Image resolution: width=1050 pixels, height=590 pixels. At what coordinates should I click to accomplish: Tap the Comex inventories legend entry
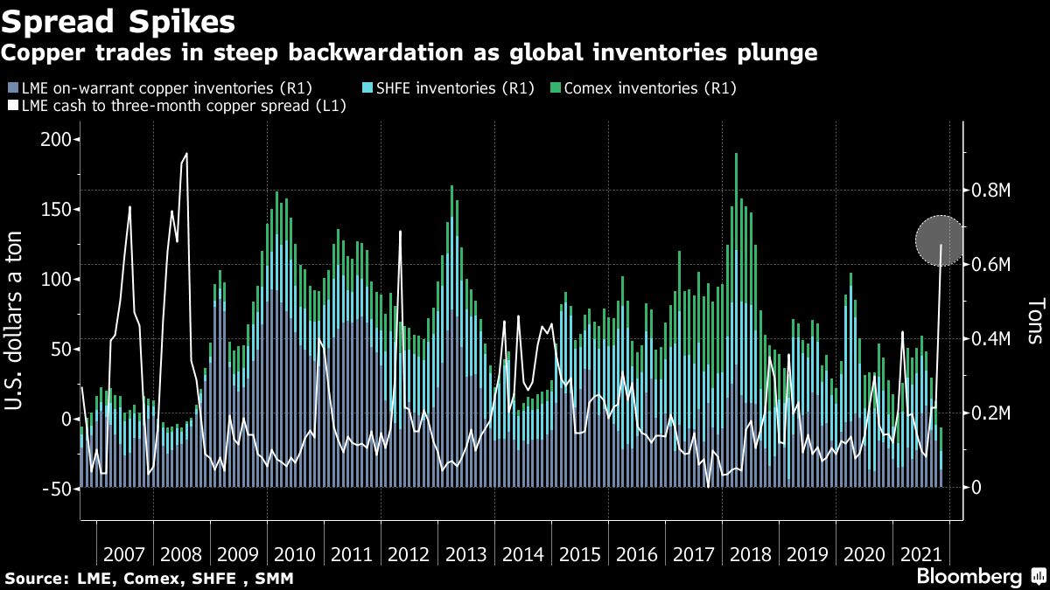pyautogui.click(x=642, y=87)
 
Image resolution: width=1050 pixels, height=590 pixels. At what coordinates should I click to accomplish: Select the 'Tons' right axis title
pyautogui.click(x=1035, y=315)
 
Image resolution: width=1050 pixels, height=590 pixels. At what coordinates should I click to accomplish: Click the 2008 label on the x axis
pyautogui.click(x=182, y=554)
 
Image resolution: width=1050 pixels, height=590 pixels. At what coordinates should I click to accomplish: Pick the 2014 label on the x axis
pyautogui.click(x=523, y=554)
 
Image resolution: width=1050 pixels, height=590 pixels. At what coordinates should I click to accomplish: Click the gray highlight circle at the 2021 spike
pyautogui.click(x=941, y=240)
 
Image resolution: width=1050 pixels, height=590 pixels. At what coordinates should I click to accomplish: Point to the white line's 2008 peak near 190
pyautogui.click(x=186, y=154)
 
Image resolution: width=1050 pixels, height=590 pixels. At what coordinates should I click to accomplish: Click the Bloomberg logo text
pyautogui.click(x=969, y=577)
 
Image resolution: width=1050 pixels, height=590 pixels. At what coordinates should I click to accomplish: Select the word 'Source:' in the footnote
pyautogui.click(x=33, y=579)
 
